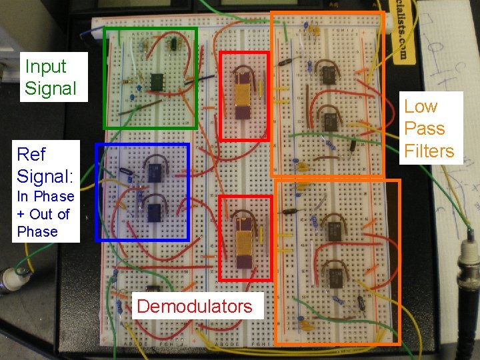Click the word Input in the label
[45, 67]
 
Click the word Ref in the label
[31, 155]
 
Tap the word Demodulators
[195, 306]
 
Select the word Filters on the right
[429, 151]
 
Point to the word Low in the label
[421, 107]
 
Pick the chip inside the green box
[157, 81]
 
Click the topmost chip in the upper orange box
[327, 73]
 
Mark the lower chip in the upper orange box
[329, 122]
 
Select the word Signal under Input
[51, 88]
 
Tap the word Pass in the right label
[425, 129]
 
